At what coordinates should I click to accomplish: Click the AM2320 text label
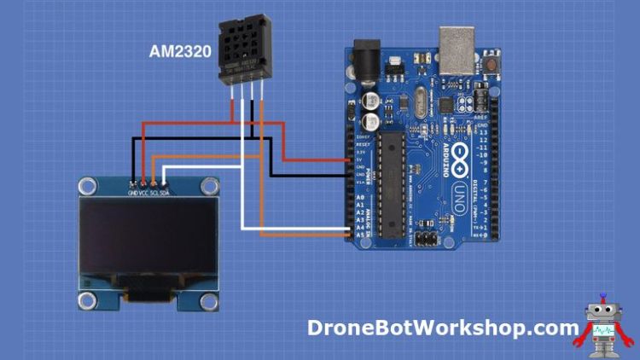point(180,52)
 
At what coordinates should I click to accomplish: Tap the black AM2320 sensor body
point(244,47)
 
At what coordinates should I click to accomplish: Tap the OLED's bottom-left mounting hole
point(86,299)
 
